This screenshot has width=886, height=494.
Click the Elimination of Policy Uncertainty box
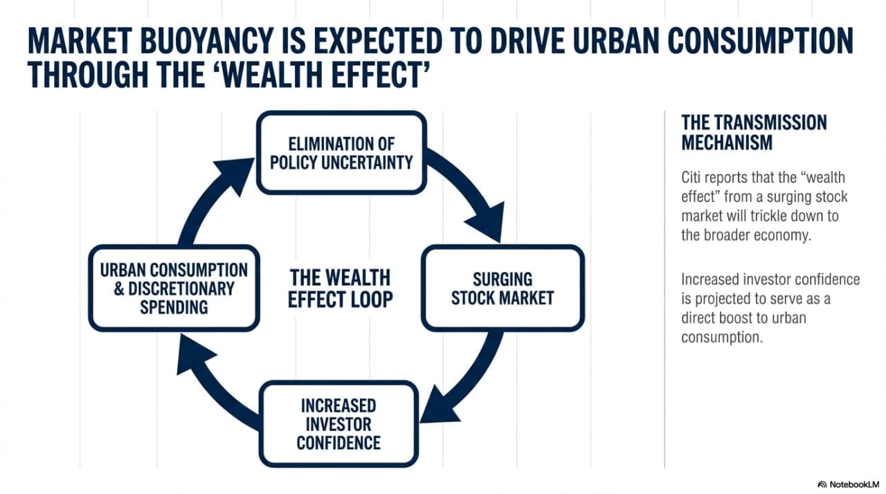pyautogui.click(x=341, y=153)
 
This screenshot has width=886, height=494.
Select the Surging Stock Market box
pyautogui.click(x=503, y=288)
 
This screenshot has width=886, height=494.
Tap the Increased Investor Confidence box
pyautogui.click(x=339, y=424)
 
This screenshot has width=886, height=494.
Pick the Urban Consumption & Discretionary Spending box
pyautogui.click(x=174, y=288)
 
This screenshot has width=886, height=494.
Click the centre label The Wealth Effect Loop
pyautogui.click(x=340, y=289)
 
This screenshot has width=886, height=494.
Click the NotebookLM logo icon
pyautogui.click(x=822, y=484)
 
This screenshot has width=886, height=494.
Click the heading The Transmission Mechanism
pyautogui.click(x=754, y=132)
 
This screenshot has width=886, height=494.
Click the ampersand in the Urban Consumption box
pyautogui.click(x=118, y=289)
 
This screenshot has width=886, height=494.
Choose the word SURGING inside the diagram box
pyautogui.click(x=503, y=280)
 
